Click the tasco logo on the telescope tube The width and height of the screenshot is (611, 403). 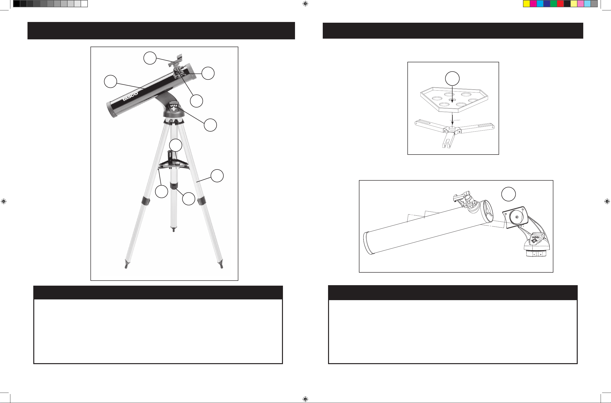[130, 96]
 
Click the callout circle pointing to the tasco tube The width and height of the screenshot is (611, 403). [110, 81]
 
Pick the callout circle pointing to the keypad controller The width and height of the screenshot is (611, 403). [210, 125]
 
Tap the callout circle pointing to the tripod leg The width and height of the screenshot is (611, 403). [217, 176]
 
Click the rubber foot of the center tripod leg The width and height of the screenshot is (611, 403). [173, 229]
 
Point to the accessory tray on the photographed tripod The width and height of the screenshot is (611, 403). [174, 164]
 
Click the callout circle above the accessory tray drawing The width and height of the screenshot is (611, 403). [452, 78]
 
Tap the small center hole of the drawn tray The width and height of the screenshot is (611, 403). [452, 99]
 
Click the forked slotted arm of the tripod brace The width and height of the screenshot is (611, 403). [448, 139]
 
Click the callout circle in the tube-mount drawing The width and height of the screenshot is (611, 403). [508, 194]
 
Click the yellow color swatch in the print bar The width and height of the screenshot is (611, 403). [527, 4]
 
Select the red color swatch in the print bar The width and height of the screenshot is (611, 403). [560, 4]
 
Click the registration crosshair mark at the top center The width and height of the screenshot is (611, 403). [305, 4]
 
